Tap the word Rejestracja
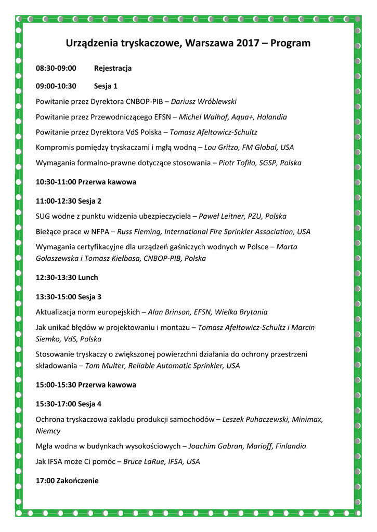113,69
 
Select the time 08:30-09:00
56,69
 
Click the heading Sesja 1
106,86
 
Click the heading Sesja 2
90,201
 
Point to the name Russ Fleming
139,232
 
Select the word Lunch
88,277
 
